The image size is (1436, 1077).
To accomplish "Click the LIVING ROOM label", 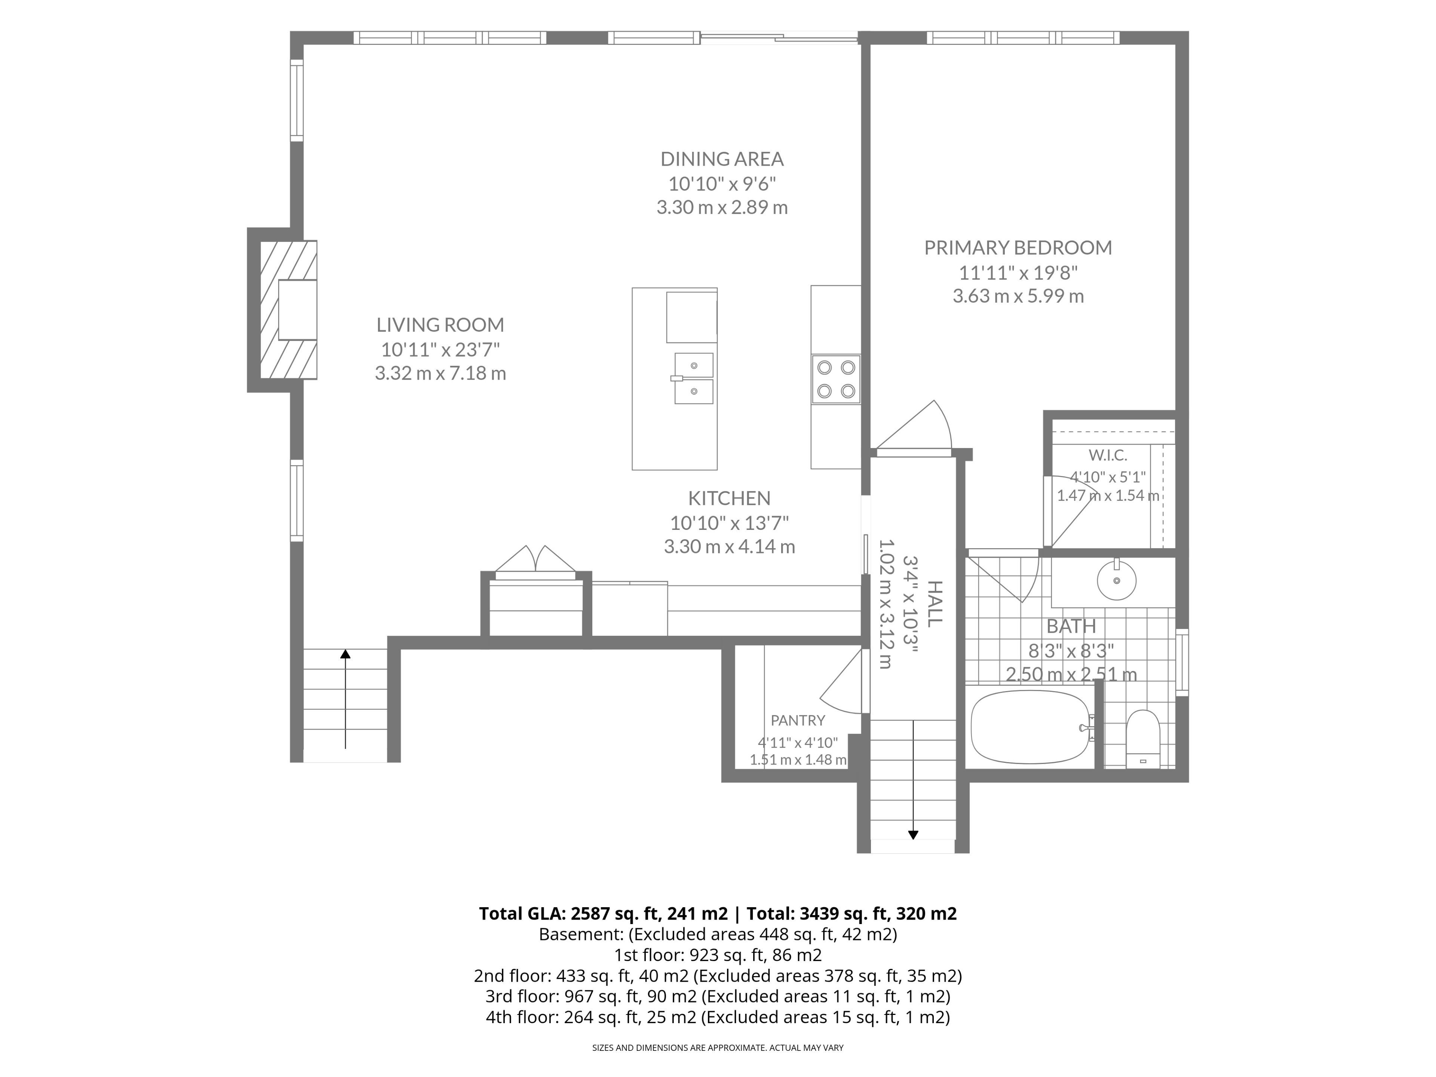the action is [x=440, y=325].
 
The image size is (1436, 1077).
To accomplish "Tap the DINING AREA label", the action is [x=722, y=159].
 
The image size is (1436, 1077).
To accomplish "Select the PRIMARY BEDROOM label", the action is [x=1018, y=247].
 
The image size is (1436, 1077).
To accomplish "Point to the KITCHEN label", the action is [x=729, y=498].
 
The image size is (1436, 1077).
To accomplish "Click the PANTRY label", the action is [x=798, y=720].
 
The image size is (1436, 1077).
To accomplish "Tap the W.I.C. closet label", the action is [x=1108, y=455].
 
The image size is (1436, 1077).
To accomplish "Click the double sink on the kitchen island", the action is [x=693, y=378].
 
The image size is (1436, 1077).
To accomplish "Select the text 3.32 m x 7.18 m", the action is [x=440, y=373].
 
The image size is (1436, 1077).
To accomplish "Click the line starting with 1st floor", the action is [x=718, y=955].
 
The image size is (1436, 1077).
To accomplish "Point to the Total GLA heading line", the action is [x=718, y=914].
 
